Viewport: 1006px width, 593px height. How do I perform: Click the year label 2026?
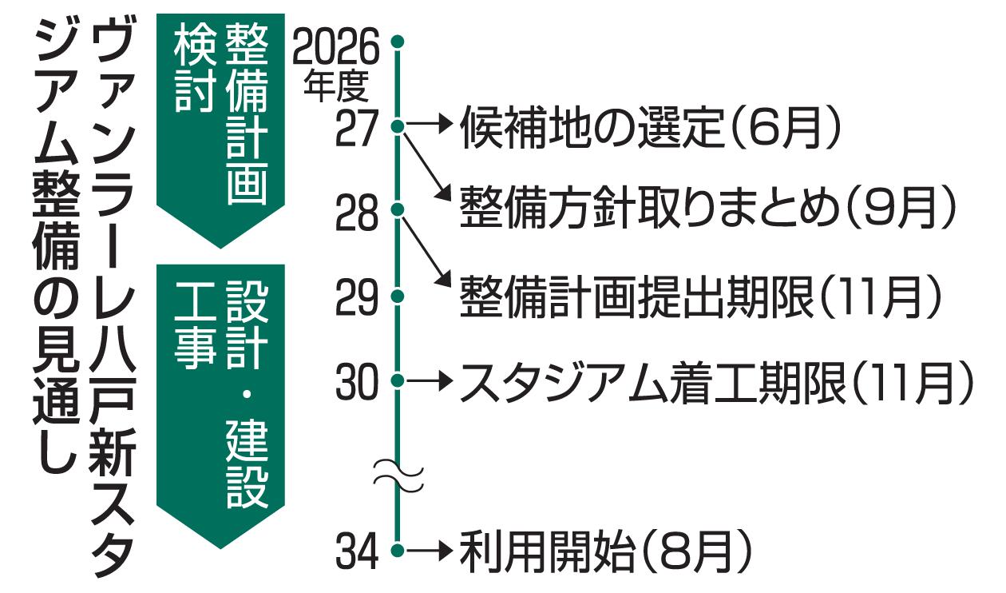[336, 47]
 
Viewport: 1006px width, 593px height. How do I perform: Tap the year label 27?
[357, 129]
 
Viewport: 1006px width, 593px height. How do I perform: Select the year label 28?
[357, 213]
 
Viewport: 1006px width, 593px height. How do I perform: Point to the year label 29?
[357, 296]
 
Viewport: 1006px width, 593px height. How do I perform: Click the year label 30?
[357, 381]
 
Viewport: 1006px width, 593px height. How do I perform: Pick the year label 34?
[357, 551]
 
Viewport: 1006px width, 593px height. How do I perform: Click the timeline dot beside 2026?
[398, 42]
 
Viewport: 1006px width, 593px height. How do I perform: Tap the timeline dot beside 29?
[398, 296]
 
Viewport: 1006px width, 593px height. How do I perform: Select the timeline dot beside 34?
[398, 551]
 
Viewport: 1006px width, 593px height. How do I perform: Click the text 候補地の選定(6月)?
[650, 128]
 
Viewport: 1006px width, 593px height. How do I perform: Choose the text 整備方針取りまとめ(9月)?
[707, 207]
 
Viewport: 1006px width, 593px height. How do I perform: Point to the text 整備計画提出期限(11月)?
[701, 296]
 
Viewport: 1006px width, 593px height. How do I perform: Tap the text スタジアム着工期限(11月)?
[717, 382]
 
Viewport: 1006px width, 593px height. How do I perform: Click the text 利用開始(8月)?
[605, 551]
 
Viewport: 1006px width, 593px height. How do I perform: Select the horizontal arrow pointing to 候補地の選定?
[428, 123]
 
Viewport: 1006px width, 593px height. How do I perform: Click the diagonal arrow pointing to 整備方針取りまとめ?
[427, 167]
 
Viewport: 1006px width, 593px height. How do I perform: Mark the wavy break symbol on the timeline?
[398, 476]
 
